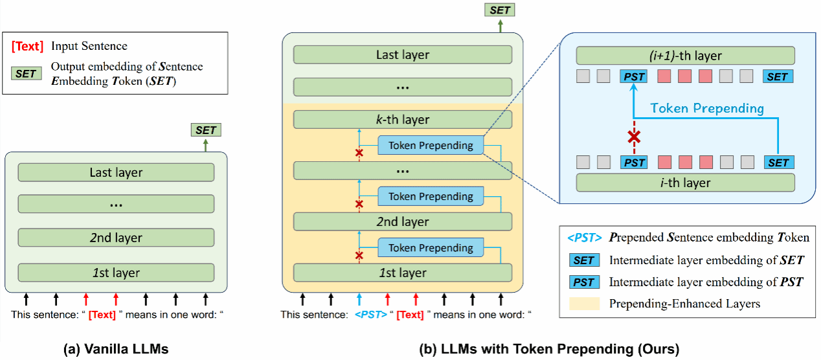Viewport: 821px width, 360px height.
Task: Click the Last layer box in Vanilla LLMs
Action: (116, 172)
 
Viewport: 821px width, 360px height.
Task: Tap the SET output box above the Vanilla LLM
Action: (206, 130)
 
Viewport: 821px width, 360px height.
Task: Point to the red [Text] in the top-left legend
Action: (27, 46)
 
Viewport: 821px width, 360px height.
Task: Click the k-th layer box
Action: (402, 120)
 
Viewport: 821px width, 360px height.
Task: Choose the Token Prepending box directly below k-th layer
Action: (431, 146)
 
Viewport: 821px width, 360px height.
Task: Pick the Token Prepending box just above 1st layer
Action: (431, 247)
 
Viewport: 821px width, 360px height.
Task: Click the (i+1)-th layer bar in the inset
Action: (685, 56)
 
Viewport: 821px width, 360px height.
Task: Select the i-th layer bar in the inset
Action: (685, 183)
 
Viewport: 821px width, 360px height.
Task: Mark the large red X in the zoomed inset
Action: (635, 137)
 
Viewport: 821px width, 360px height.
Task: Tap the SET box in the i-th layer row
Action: (778, 163)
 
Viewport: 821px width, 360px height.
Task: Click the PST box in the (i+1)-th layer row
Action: (635, 76)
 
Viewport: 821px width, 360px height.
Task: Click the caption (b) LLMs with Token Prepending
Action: (550, 349)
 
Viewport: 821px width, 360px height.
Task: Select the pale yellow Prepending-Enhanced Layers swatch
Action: (583, 302)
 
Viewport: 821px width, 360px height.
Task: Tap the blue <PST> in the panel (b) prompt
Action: (370, 315)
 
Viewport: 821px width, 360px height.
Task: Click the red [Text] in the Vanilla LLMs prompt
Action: (103, 315)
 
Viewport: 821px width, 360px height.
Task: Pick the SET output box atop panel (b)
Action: (499, 11)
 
